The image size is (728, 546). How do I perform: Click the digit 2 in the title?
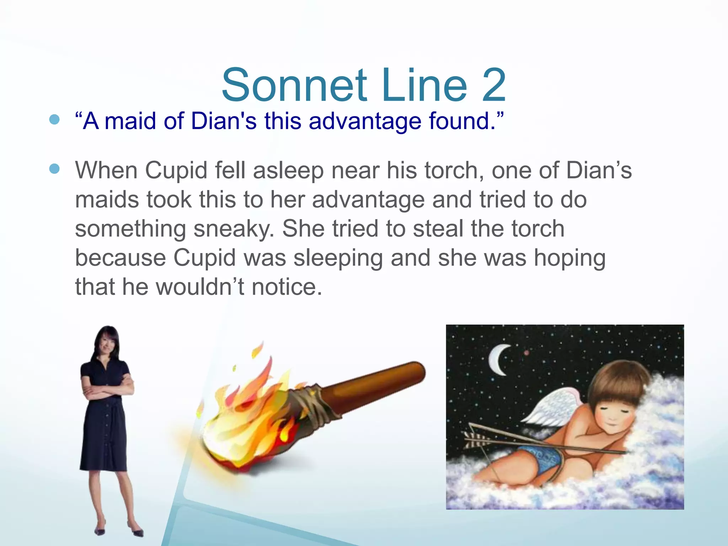(489, 85)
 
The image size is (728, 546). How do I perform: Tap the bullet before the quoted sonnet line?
(55, 119)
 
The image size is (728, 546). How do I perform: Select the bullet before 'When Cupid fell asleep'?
(55, 169)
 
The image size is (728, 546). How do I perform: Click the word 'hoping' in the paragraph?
(570, 258)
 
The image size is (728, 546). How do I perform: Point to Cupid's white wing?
(555, 409)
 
